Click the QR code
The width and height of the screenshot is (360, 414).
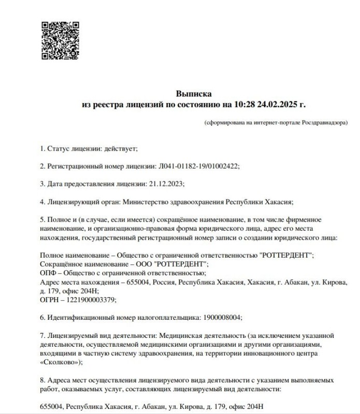click(60, 40)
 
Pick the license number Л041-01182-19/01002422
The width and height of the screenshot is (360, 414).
click(198, 166)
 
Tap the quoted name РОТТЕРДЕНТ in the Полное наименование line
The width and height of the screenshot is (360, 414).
click(283, 256)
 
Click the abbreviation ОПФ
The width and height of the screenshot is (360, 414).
click(48, 273)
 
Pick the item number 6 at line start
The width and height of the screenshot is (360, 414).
click(42, 317)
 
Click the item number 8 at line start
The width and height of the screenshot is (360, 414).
click(42, 380)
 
